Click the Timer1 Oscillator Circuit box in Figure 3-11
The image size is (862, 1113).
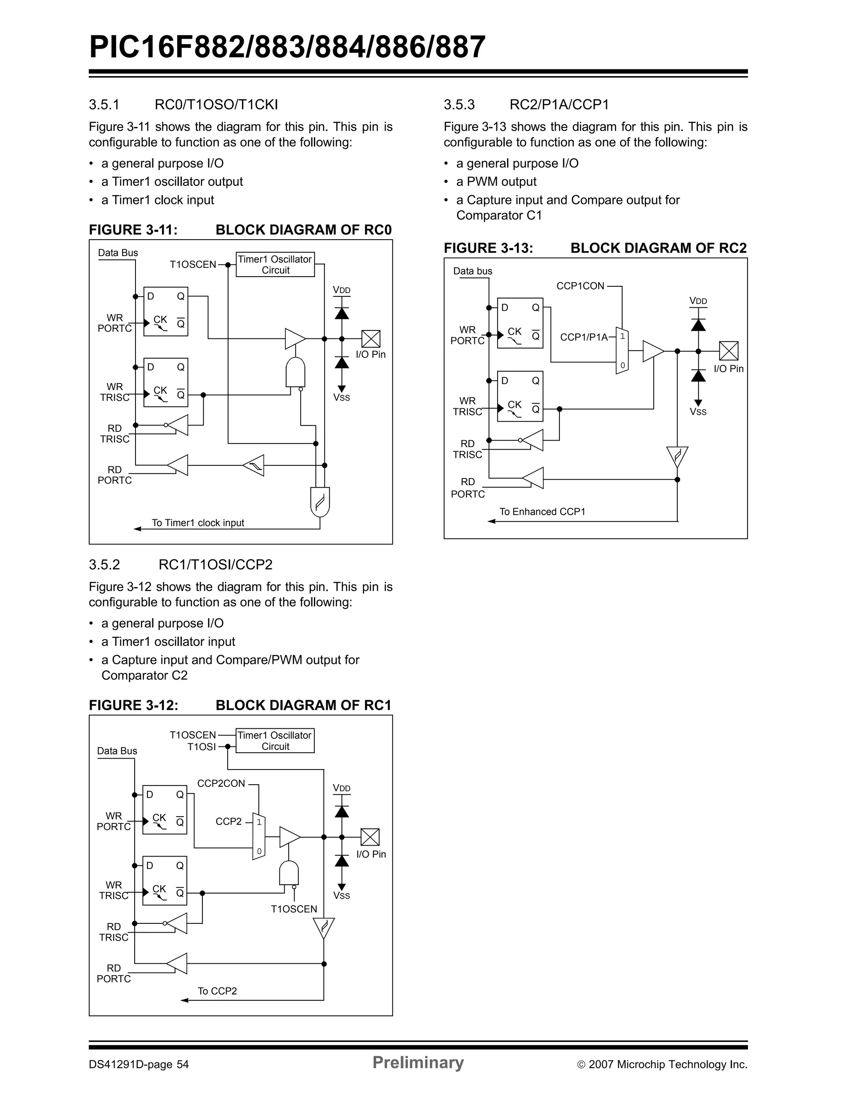pos(275,264)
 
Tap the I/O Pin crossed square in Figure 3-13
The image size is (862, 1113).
pos(728,351)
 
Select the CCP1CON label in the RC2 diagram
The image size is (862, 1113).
pos(580,286)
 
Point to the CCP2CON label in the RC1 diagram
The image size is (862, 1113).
pos(221,783)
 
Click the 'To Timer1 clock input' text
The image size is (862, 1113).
pos(198,523)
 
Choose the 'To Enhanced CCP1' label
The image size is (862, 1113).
pos(542,512)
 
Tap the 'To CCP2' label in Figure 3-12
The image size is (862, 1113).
pos(217,991)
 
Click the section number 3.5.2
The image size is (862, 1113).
pos(104,565)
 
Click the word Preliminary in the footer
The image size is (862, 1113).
pos(418,1062)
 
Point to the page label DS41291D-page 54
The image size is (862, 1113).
pos(139,1065)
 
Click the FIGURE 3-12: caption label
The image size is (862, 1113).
pos(134,705)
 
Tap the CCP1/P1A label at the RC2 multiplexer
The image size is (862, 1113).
pos(584,337)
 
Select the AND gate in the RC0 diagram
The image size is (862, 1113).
pos(296,373)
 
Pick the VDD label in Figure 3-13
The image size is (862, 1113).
pos(698,301)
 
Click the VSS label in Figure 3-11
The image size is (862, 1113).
pos(342,397)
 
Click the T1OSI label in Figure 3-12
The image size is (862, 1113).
pos(202,747)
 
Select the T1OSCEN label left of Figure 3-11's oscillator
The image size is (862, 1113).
pos(193,264)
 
